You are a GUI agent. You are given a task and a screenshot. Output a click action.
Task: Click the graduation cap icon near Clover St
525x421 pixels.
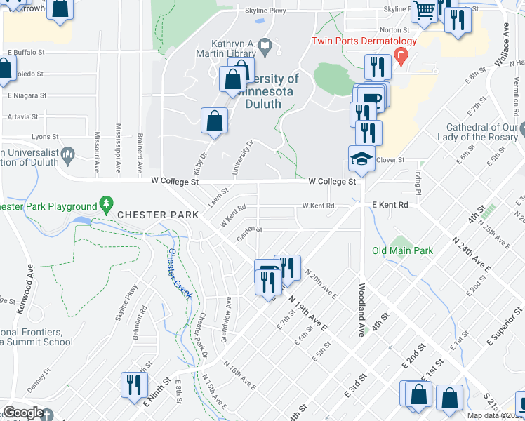[x=362, y=159]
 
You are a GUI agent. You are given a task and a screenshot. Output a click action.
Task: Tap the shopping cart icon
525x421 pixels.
[x=425, y=11]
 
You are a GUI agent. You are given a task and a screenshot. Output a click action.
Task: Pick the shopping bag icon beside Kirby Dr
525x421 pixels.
[x=215, y=121]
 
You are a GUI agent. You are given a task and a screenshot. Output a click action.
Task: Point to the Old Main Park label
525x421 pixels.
[x=402, y=250]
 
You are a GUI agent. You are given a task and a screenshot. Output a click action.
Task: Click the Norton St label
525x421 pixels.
[x=394, y=30]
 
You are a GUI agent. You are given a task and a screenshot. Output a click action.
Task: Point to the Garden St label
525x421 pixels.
[x=249, y=232]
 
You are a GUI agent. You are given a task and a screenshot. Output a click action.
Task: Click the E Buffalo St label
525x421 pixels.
[x=25, y=52]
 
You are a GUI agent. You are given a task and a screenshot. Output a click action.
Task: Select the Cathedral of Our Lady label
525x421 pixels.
[x=481, y=132]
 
